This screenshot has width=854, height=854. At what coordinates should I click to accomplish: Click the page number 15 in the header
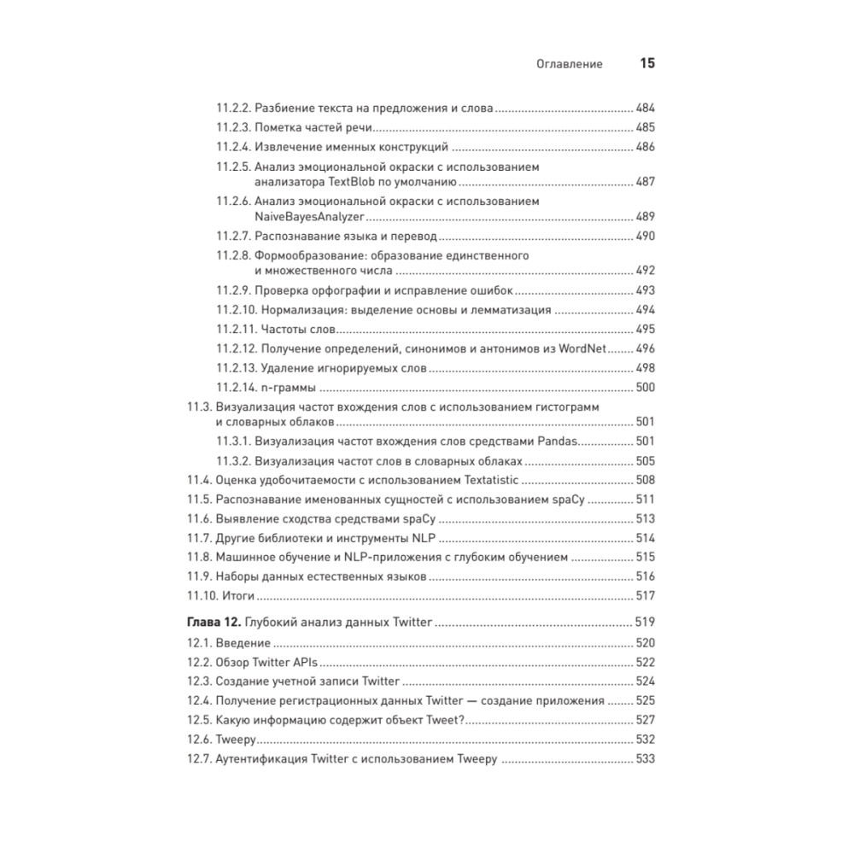tap(646, 64)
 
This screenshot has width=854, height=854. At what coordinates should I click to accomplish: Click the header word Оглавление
tap(569, 64)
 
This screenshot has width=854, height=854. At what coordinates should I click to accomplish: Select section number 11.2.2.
tap(232, 109)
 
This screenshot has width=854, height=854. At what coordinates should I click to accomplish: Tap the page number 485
tap(645, 128)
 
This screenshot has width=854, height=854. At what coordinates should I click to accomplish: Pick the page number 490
tap(645, 236)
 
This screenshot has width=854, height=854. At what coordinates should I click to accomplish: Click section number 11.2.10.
tap(236, 310)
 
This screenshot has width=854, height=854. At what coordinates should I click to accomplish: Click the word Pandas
tap(559, 441)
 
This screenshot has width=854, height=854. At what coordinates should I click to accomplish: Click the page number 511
tap(645, 499)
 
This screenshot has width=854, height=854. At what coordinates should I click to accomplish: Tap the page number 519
tap(645, 622)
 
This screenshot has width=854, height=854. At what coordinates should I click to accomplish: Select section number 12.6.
tap(200, 739)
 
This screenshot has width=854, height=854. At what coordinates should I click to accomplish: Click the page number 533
tap(645, 759)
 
